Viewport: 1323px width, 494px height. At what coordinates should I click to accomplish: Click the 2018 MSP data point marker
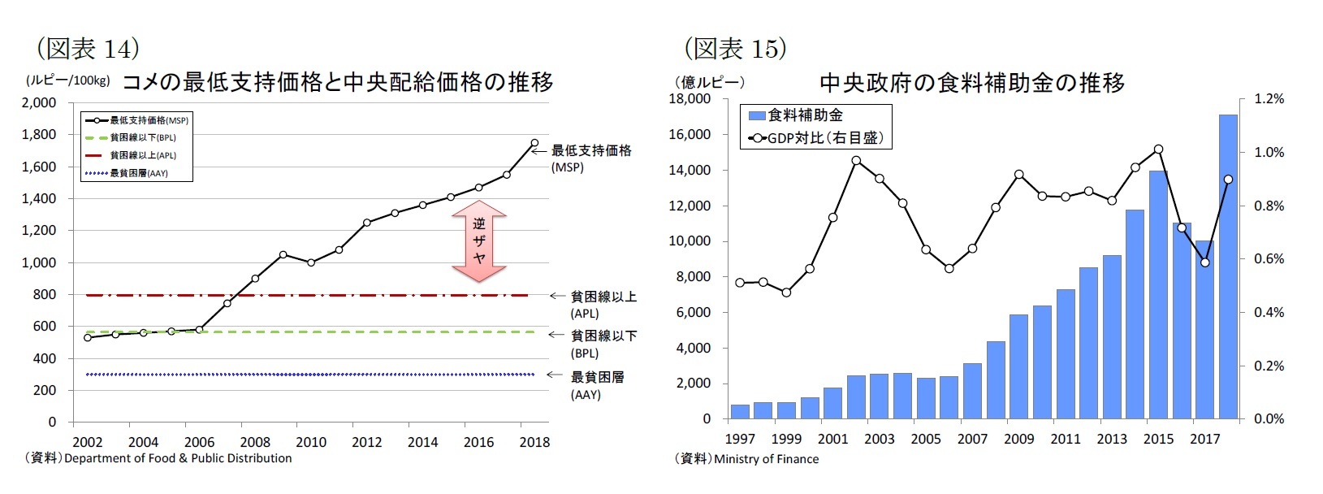(534, 143)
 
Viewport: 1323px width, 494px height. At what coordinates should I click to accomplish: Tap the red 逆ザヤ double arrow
(479, 241)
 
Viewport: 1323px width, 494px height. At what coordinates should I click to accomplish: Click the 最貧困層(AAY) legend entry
(139, 173)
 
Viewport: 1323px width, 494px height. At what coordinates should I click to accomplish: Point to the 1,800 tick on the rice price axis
(40, 135)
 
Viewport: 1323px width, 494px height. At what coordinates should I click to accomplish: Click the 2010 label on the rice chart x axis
(311, 443)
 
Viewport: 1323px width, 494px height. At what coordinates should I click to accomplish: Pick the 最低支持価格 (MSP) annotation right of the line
(591, 158)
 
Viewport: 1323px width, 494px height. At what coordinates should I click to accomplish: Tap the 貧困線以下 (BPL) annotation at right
(603, 344)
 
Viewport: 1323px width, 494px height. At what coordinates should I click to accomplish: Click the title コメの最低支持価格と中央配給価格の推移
(337, 82)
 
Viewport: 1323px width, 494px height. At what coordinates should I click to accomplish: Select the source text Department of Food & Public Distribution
(178, 458)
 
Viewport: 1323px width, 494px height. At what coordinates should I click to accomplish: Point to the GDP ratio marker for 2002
(856, 160)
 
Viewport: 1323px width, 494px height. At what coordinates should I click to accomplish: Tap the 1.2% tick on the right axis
(1269, 99)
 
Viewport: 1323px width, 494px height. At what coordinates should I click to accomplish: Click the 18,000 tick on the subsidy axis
(690, 99)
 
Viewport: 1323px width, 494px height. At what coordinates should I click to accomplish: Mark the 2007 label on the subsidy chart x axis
(972, 440)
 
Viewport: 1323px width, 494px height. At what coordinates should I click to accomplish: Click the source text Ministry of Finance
(766, 459)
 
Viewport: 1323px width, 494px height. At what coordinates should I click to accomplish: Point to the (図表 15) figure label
(735, 49)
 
